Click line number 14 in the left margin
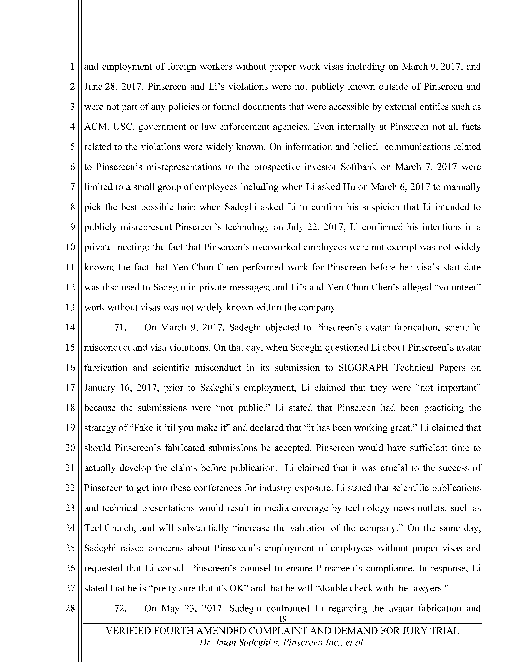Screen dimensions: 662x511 coord(70,327)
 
